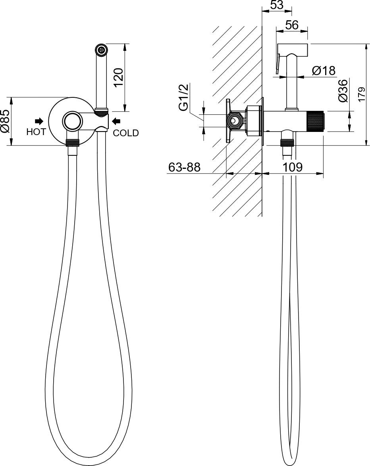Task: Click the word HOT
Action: click(36, 132)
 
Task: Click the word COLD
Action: click(126, 133)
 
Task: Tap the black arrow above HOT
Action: click(39, 121)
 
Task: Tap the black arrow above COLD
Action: click(116, 121)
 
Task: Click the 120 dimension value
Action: click(118, 77)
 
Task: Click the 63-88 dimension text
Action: click(185, 167)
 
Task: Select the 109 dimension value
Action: click(292, 167)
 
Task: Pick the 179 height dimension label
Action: click(361, 95)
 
